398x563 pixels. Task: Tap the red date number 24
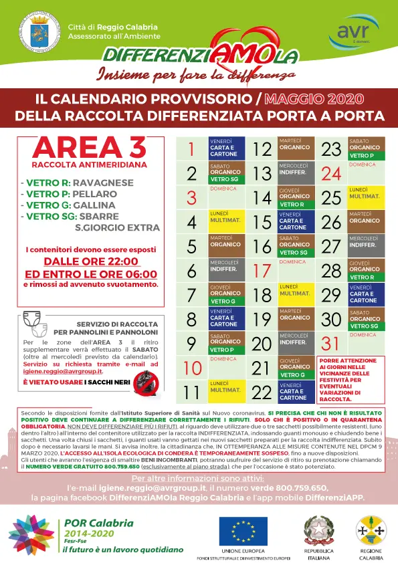pos(331,174)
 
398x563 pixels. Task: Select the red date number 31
pos(331,344)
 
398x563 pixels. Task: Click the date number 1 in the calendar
pos(191,149)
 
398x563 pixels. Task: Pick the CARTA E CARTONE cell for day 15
pos(295,221)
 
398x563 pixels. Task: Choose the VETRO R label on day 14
pos(295,205)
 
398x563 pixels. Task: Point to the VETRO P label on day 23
pos(365,156)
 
